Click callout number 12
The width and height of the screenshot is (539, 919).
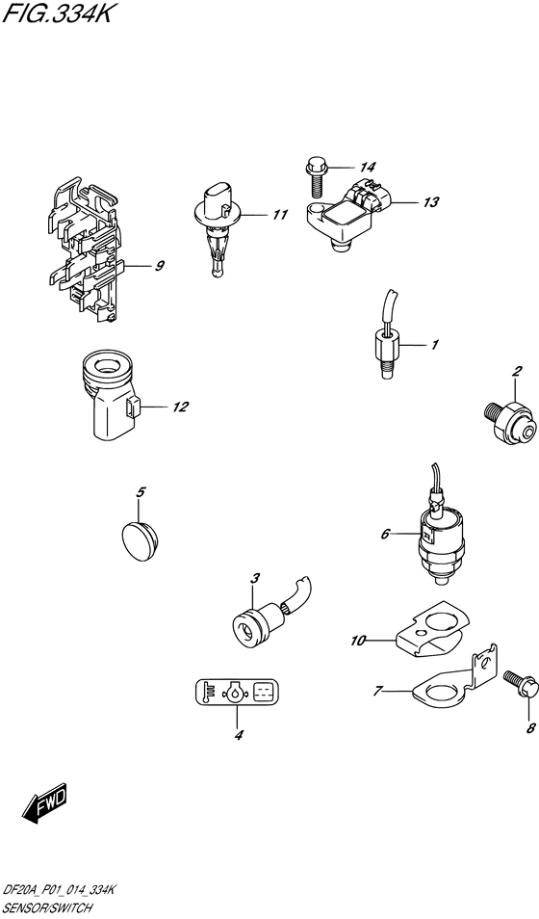180,407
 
